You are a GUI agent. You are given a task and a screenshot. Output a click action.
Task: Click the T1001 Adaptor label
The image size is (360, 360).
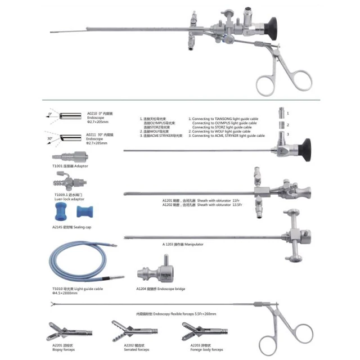coord(69,166)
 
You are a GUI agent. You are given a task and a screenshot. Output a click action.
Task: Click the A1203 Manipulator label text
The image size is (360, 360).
coord(183,245)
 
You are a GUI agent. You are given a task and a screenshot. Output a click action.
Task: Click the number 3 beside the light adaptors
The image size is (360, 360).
coord(287,134)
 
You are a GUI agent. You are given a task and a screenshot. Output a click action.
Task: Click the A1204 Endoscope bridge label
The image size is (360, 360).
coord(160,289)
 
